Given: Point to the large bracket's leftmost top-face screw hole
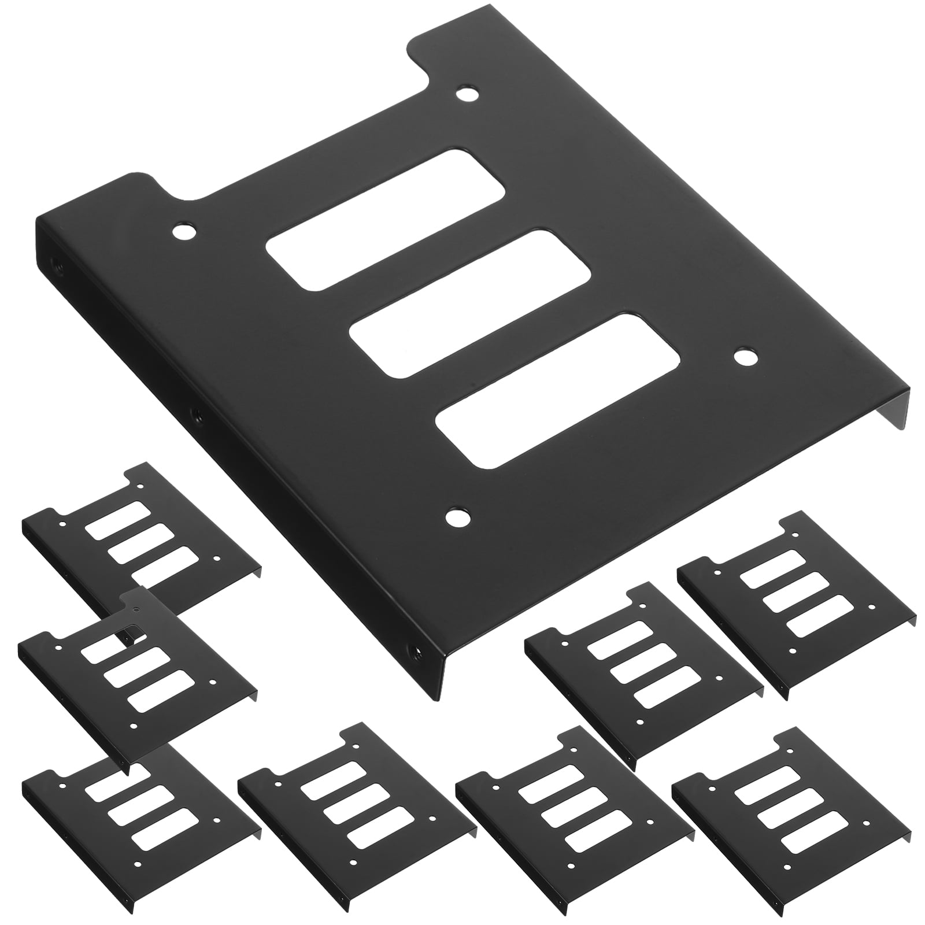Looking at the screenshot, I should click(x=184, y=233).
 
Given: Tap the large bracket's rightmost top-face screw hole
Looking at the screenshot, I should click(x=745, y=357).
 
